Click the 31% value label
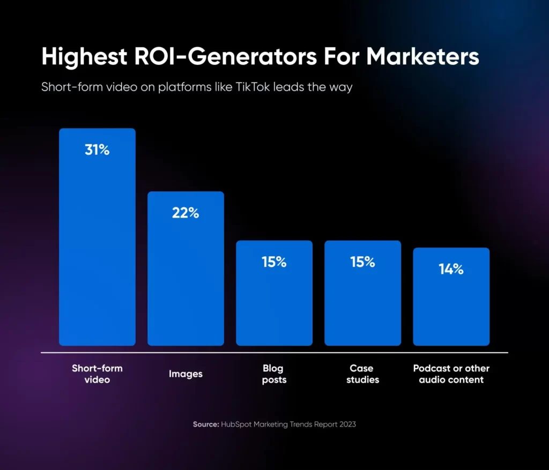pyautogui.click(x=97, y=151)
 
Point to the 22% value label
pyautogui.click(x=186, y=213)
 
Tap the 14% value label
pyautogui.click(x=451, y=270)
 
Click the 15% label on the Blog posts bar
pyautogui.click(x=274, y=263)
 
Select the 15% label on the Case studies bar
pyautogui.click(x=362, y=263)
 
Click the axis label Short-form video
pyautogui.click(x=97, y=374)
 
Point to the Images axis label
pyautogui.click(x=186, y=374)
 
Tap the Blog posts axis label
pyautogui.click(x=274, y=374)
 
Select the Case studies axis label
pyautogui.click(x=362, y=374)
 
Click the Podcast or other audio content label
pyautogui.click(x=451, y=374)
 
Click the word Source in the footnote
pyautogui.click(x=205, y=424)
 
